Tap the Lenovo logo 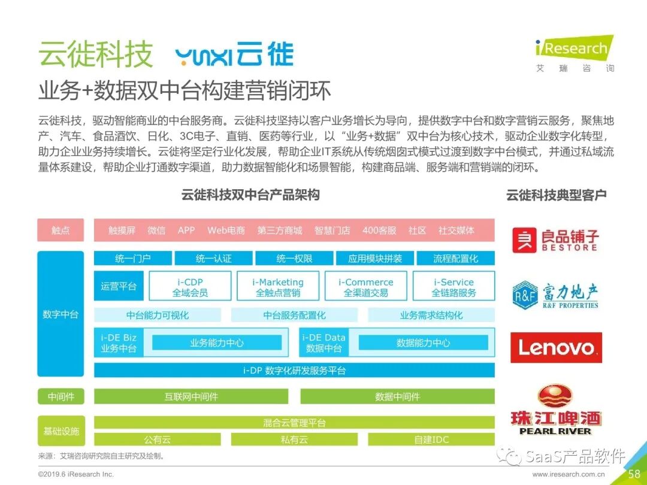click(x=556, y=347)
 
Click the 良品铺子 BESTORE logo click(x=555, y=240)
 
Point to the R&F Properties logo click(x=555, y=296)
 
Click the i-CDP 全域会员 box click(x=190, y=287)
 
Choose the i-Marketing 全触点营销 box click(x=278, y=287)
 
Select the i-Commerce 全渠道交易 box click(x=365, y=287)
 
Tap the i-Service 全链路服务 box click(x=453, y=287)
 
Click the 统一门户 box click(x=132, y=259)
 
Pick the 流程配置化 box click(x=455, y=259)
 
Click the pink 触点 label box click(x=61, y=230)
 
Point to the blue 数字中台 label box click(x=61, y=314)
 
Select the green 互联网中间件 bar click(x=191, y=396)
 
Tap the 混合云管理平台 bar click(x=294, y=423)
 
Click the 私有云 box click(x=294, y=439)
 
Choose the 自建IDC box click(x=431, y=439)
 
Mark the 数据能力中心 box click(x=423, y=342)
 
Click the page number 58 click(x=634, y=474)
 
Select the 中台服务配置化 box click(x=294, y=315)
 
